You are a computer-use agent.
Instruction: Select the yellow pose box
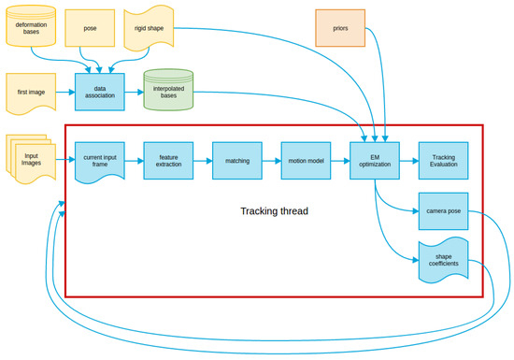coord(90,28)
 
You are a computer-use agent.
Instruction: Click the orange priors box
coord(339,28)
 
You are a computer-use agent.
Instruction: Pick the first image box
coord(31,93)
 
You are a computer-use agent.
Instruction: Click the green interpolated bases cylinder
coord(168,92)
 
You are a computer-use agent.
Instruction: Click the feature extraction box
coord(168,160)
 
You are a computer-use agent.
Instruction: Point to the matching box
coord(236,160)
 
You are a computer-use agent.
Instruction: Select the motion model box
coord(306,160)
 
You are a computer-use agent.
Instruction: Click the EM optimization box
coord(374,160)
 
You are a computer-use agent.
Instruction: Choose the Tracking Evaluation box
coord(443,160)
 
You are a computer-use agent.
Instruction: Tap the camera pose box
coord(443,210)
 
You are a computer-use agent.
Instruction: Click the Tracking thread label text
coord(274,211)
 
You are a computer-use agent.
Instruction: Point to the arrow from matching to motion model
coord(271,160)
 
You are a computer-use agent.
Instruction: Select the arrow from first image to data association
coord(64,93)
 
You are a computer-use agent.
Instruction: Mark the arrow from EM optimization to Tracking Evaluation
coord(408,160)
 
